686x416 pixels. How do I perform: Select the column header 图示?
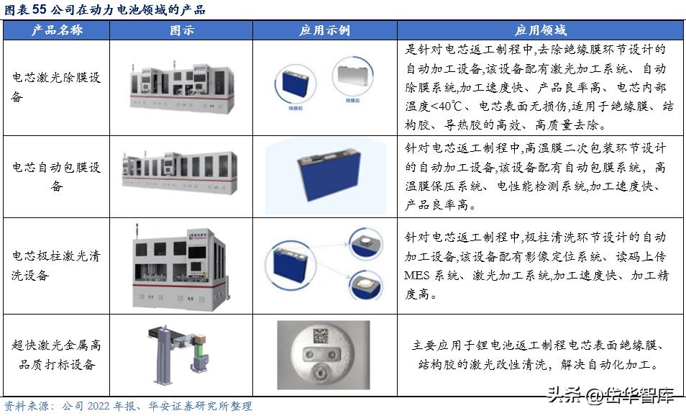pyautogui.click(x=181, y=30)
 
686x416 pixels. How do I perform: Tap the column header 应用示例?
pyautogui.click(x=324, y=30)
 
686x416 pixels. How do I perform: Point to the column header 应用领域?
pyautogui.click(x=540, y=30)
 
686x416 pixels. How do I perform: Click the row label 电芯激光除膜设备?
pyautogui.click(x=56, y=87)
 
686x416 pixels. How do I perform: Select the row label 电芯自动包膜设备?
pyautogui.click(x=56, y=176)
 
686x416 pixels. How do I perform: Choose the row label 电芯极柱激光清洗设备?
pyautogui.click(x=56, y=266)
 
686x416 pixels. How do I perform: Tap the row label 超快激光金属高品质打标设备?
pyautogui.click(x=56, y=355)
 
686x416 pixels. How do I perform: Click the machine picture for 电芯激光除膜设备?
pyautogui.click(x=183, y=86)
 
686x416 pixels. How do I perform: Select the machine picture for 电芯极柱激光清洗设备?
pyautogui.click(x=183, y=266)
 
